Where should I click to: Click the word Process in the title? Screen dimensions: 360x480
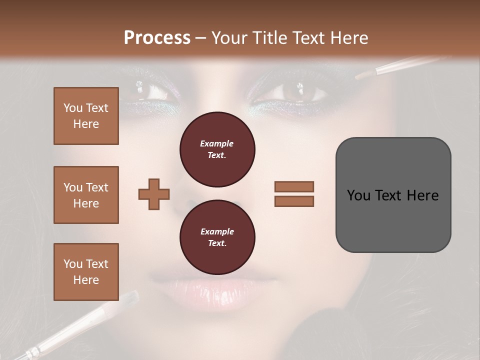[157, 38]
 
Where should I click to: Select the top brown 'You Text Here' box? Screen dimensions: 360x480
[86, 116]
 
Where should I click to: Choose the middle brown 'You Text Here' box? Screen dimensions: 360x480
[86, 195]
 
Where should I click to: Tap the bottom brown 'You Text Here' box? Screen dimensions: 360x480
[86, 272]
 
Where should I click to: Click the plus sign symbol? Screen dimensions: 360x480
[154, 194]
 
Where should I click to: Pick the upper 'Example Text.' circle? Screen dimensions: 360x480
[217, 149]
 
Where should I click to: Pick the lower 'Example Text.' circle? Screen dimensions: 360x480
[217, 237]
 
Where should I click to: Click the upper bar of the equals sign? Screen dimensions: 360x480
[294, 186]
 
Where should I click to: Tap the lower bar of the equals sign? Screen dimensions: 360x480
[294, 201]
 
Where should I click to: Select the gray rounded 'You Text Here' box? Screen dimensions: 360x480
[393, 195]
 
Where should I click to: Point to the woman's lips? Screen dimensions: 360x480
[212, 290]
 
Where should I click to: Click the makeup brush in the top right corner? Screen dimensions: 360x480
[400, 66]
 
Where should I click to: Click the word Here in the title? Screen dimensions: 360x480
[349, 38]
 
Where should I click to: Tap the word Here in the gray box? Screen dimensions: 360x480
[423, 195]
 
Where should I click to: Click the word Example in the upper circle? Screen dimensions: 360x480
[217, 143]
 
